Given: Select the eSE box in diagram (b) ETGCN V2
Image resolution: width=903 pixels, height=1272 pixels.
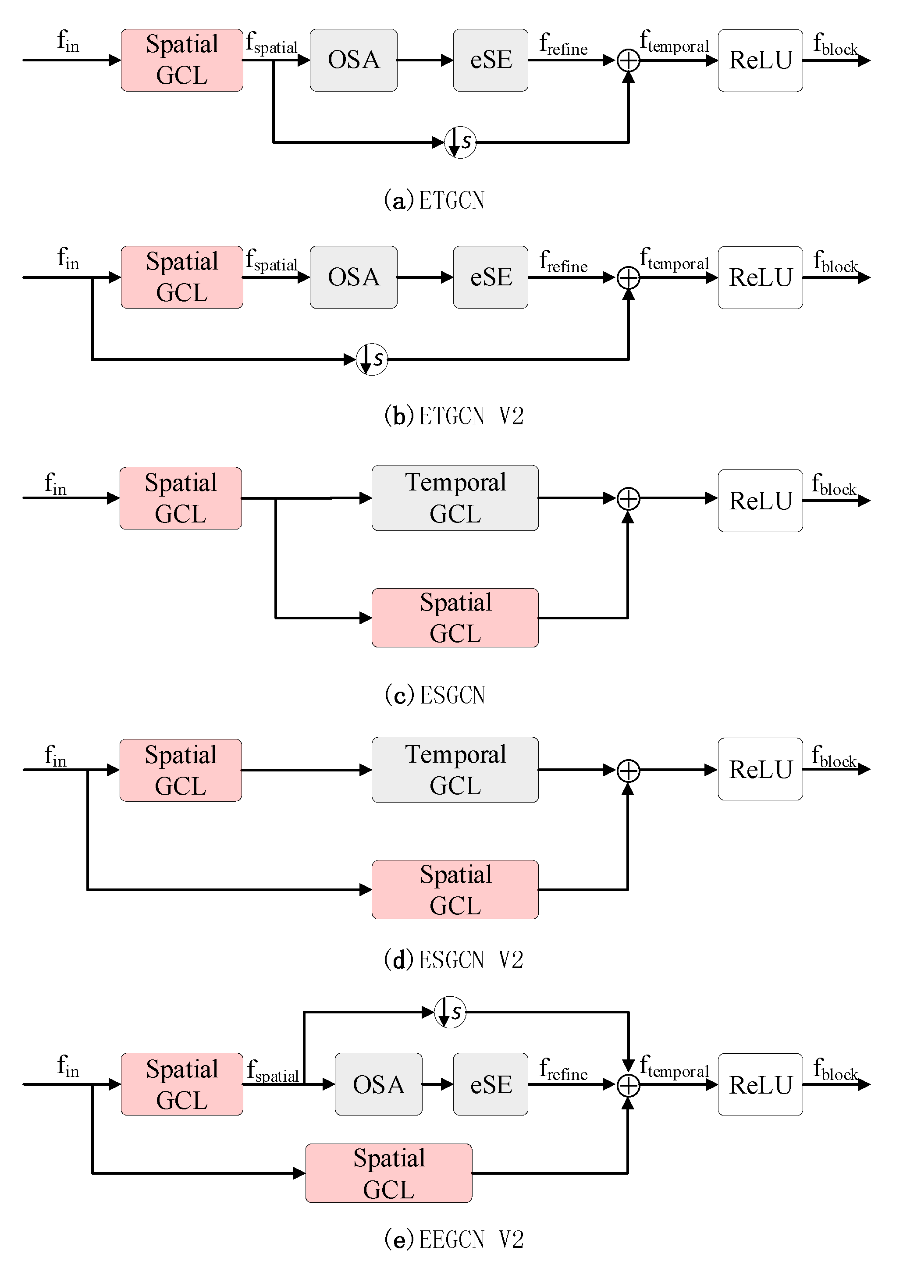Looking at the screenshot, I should (x=490, y=277).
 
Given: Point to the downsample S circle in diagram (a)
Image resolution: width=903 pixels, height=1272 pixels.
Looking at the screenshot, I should (x=460, y=142).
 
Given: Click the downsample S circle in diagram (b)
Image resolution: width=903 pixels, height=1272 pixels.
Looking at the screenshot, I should (x=371, y=359).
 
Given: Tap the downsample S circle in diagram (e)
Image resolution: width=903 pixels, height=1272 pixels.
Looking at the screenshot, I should (x=449, y=1012).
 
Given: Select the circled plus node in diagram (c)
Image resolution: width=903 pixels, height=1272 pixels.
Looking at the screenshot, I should (x=628, y=498).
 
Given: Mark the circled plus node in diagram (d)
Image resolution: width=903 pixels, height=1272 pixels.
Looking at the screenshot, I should (x=628, y=771).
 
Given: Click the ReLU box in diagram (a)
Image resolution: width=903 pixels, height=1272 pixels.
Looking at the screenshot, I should (x=760, y=60).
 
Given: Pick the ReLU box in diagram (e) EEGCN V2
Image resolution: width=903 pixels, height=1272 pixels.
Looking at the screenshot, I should (x=760, y=1085).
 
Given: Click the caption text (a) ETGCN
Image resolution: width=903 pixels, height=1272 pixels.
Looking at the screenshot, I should (x=434, y=201).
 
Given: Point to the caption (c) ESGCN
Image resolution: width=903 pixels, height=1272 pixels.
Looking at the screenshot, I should (x=435, y=695).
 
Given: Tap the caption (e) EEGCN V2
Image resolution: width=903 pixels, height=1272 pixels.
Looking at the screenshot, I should (x=454, y=1240).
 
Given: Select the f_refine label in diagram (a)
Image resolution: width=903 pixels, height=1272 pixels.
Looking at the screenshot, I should (x=563, y=44).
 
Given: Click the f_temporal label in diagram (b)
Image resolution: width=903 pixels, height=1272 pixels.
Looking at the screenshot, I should (x=674, y=260).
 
